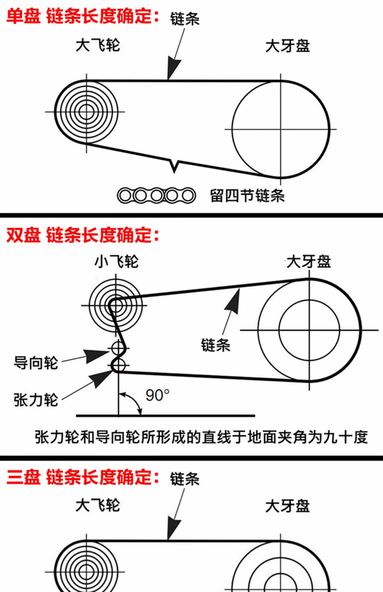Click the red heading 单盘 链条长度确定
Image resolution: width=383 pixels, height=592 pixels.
[x=83, y=16]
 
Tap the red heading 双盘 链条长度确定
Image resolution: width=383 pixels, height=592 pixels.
[x=83, y=235]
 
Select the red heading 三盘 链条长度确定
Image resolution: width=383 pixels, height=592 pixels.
[x=83, y=478]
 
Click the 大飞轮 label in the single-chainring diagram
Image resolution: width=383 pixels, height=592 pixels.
[x=98, y=45]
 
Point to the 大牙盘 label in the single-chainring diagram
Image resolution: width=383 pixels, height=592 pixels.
[x=288, y=46]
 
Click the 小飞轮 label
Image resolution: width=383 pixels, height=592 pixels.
[x=116, y=262]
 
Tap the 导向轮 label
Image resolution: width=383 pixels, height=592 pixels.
[x=36, y=363]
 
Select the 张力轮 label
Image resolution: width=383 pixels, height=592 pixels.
[x=36, y=400]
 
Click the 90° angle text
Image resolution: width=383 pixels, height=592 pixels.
[x=157, y=395]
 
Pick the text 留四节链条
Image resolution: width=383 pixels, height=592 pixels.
[x=247, y=196]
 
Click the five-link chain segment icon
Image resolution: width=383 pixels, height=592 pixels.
[x=156, y=195]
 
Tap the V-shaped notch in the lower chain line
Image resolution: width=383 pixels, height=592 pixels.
[x=175, y=166]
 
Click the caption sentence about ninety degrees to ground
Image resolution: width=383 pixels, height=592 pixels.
[x=201, y=437]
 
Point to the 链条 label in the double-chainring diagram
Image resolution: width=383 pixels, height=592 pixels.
[x=216, y=345]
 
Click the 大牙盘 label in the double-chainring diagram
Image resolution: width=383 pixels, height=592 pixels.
[x=309, y=262]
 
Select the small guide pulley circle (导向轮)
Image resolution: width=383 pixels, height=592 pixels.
[x=118, y=348]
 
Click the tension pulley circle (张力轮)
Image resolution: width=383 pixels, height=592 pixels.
[x=118, y=366]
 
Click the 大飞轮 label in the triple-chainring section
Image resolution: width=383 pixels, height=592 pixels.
[x=98, y=505]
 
